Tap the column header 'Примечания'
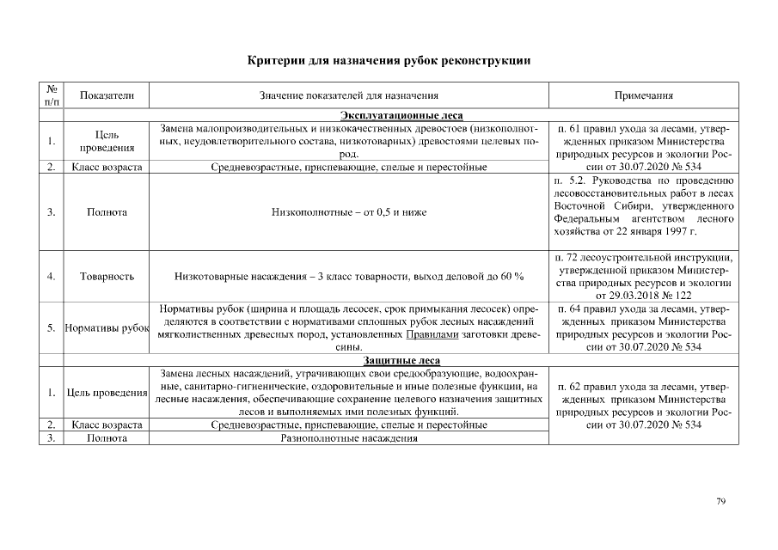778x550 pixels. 643,96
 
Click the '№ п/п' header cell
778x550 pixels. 52,96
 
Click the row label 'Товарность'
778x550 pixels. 107,277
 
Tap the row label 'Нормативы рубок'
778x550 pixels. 107,327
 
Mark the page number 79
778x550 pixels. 720,502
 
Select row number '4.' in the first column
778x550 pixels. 52,277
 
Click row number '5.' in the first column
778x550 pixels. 52,327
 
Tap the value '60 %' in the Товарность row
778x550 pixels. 511,277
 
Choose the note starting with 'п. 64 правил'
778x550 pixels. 643,327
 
